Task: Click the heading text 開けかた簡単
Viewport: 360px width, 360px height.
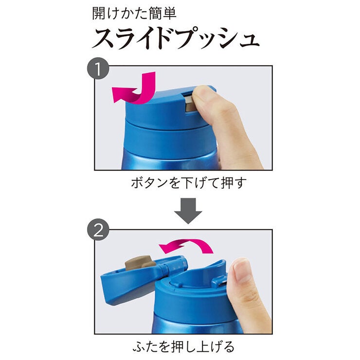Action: point(134,13)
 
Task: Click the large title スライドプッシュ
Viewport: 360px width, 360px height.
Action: point(176,38)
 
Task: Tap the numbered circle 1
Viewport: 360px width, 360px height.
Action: point(98,69)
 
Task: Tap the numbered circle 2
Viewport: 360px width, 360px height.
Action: point(98,229)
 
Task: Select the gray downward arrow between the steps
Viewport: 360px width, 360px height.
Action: point(188,211)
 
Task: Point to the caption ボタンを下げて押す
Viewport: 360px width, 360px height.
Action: point(189,183)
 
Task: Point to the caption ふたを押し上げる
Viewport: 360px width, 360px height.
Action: point(184,346)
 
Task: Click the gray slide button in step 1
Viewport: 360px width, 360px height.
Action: point(189,103)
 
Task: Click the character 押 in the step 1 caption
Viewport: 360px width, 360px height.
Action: point(227,183)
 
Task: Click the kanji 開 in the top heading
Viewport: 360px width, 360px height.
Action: point(99,13)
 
